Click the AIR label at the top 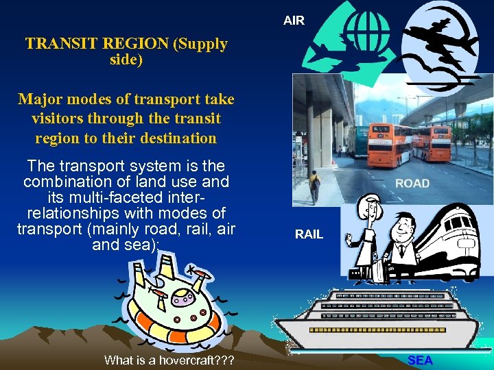pos(294,21)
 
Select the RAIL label pos(309,234)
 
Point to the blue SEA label pos(420,360)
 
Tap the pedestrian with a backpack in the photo pos(314,185)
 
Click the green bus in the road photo pos(357,141)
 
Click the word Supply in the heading pos(201,44)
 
